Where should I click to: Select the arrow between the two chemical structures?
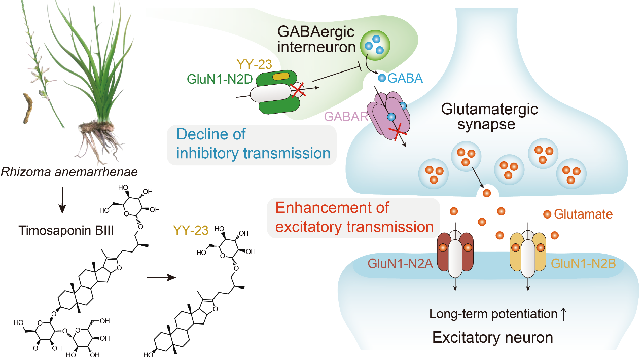[x=162, y=277]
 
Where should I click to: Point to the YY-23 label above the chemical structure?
[x=191, y=230]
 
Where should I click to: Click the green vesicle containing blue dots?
[x=375, y=44]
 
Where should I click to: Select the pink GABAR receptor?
[x=392, y=116]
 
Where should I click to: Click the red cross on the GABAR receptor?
[x=398, y=133]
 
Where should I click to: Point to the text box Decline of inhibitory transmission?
[x=252, y=144]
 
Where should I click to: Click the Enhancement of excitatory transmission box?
[x=352, y=218]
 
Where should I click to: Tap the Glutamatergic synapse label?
[x=489, y=117]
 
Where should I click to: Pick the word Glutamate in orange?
[x=583, y=214]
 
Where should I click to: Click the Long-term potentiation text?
[x=493, y=314]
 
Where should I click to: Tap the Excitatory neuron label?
[x=492, y=337]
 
